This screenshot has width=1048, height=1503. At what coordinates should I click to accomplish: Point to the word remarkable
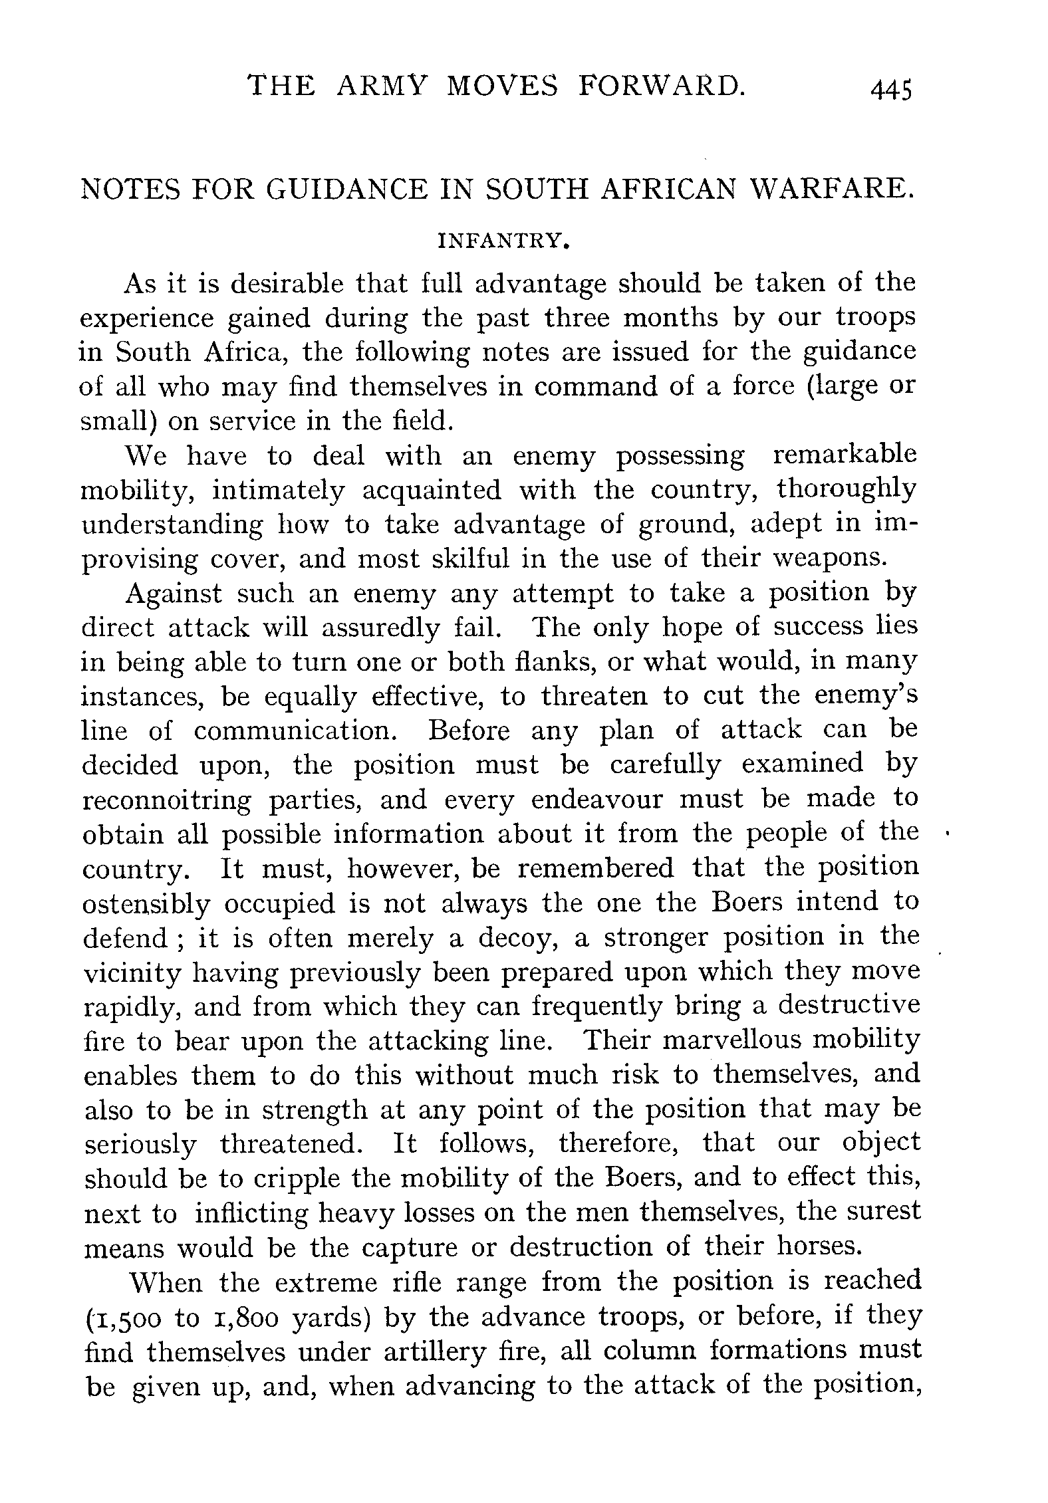[845, 455]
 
